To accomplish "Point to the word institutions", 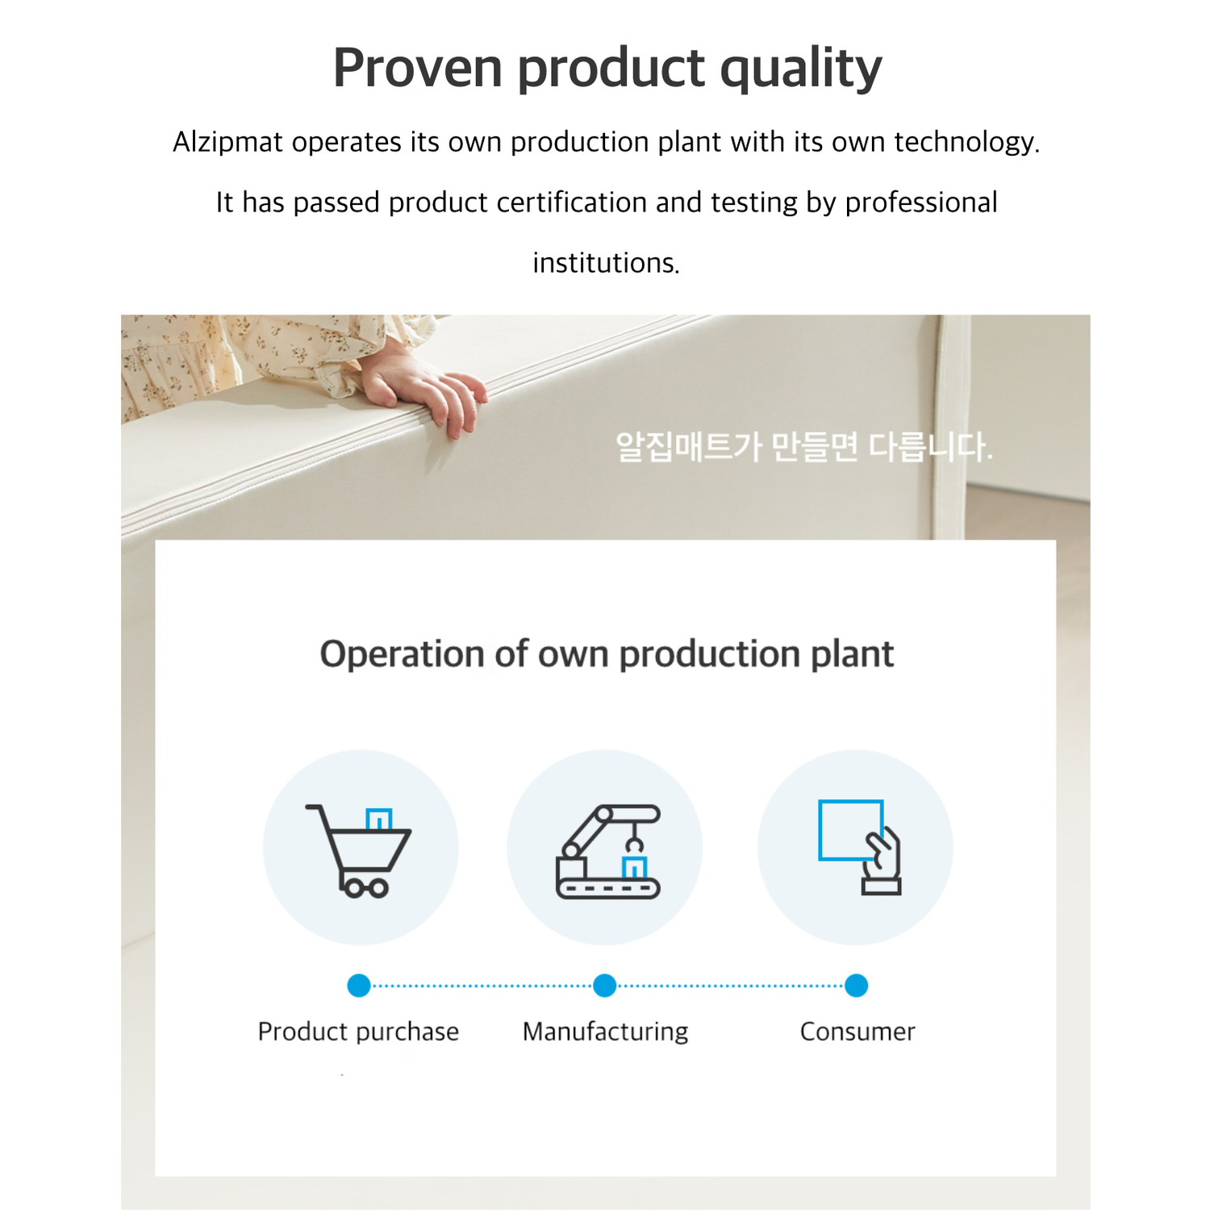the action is coord(607,263).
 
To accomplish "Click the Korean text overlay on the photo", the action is coord(804,447).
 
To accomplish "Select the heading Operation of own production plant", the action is coord(607,653).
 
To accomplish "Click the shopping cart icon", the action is coord(358,851).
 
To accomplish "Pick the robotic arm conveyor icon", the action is coord(608,851).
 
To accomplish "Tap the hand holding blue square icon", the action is coord(860,847).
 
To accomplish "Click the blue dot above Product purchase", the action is coord(359,986).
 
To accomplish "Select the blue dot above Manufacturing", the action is coord(605,986).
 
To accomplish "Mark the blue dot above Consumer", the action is coord(857,986).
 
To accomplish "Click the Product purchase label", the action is coord(358,1033).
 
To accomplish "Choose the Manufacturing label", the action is coord(606,1033).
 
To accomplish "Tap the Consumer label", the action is coord(857,1032).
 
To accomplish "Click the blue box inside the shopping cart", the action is coord(378,820).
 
